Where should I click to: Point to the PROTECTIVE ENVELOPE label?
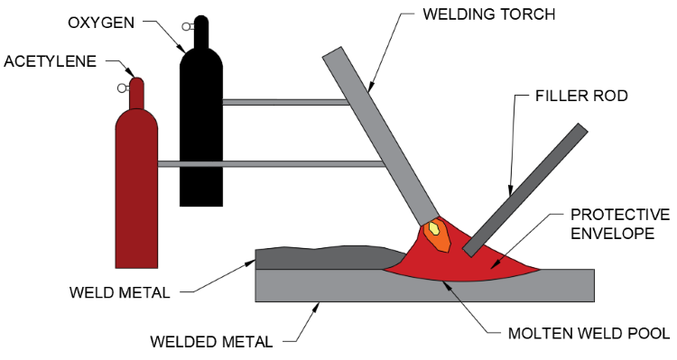pyautogui.click(x=619, y=224)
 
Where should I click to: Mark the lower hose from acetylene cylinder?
pyautogui.click(x=271, y=163)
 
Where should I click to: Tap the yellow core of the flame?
pyautogui.click(x=434, y=229)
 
